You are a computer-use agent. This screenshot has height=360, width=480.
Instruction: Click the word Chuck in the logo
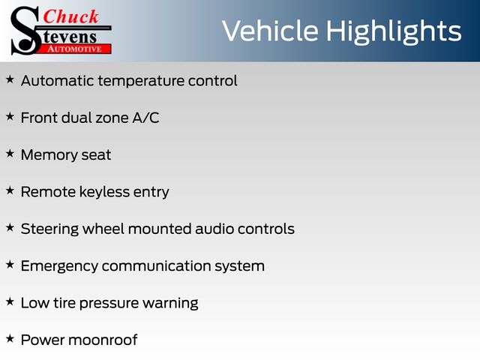[x=70, y=16]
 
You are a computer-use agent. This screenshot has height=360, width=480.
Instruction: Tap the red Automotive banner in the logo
[x=76, y=49]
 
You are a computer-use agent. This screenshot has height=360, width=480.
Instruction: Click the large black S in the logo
[x=25, y=31]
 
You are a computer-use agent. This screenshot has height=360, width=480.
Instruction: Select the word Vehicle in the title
[x=271, y=31]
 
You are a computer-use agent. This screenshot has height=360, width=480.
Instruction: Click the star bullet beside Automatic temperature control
[x=10, y=79]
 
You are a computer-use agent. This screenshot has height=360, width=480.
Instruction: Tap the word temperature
[x=141, y=82]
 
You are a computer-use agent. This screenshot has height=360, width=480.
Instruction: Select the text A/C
[x=145, y=118]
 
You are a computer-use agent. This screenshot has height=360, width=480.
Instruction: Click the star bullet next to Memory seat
[x=10, y=154]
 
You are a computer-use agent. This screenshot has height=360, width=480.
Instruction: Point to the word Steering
[x=49, y=229]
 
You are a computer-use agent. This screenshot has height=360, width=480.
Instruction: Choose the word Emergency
[x=59, y=266]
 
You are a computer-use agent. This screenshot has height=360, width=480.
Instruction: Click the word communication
[x=156, y=266]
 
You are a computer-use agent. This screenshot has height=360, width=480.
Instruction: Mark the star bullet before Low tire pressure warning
[x=10, y=301]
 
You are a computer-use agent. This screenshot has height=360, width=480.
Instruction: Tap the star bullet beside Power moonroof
[x=10, y=338]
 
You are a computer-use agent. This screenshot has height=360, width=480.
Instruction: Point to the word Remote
[x=48, y=192]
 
